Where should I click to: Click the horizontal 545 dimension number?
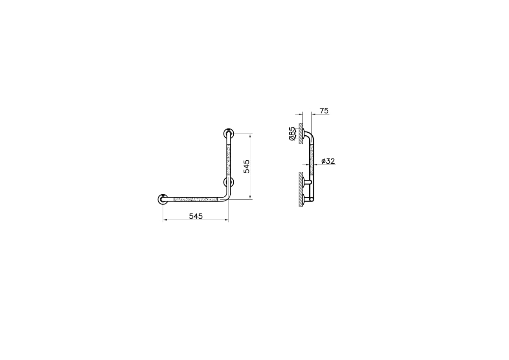click(x=196, y=216)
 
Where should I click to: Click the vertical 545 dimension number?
click(x=246, y=166)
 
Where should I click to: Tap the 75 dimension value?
click(x=324, y=111)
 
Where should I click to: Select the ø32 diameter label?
click(x=328, y=161)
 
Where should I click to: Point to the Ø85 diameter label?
click(x=292, y=134)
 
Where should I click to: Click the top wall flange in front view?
click(x=229, y=133)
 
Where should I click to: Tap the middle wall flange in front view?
click(x=229, y=182)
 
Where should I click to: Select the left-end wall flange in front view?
click(x=163, y=199)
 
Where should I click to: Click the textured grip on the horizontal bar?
click(x=196, y=199)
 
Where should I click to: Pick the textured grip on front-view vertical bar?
click(x=229, y=160)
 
